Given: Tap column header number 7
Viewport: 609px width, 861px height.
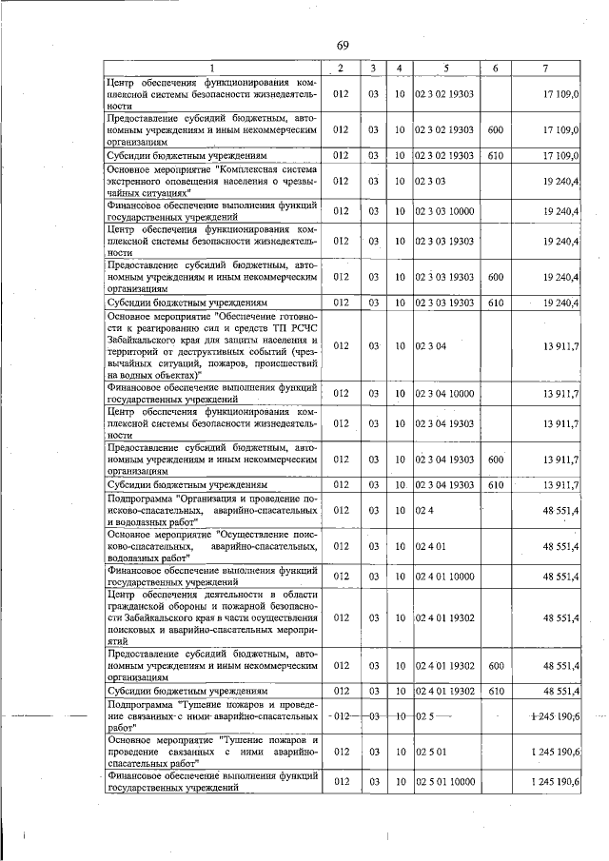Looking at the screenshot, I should pyautogui.click(x=545, y=68).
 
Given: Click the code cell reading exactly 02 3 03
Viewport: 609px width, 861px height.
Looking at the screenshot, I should pyautogui.click(x=431, y=179).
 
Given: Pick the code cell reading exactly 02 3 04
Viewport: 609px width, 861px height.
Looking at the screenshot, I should pyautogui.click(x=431, y=346).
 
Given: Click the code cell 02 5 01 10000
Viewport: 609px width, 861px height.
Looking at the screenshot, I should pyautogui.click(x=444, y=782).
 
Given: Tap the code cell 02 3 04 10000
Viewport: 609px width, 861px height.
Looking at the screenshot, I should pyautogui.click(x=444, y=393).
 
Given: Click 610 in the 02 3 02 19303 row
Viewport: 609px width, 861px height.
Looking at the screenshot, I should pyautogui.click(x=495, y=154).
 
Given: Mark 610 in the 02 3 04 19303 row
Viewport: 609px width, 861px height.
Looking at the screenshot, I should pyautogui.click(x=495, y=485).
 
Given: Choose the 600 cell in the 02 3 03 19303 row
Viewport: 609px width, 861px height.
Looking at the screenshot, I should pyautogui.click(x=495, y=277).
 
